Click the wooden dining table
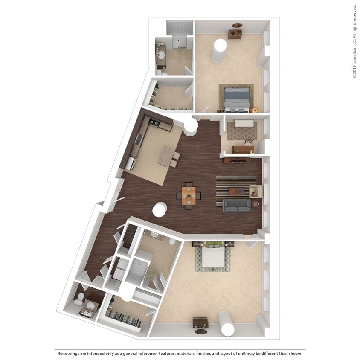coord(188,196)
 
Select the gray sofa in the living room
coord(237,205)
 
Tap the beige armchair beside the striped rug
coord(256,191)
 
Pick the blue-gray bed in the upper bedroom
coord(235,98)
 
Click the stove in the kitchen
coord(154,124)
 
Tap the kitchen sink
coord(139,139)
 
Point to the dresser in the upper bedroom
coord(235,33)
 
